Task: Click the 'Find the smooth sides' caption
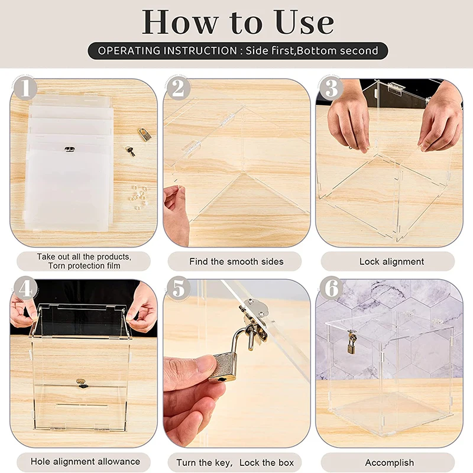click(237, 261)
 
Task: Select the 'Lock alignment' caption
click(391, 261)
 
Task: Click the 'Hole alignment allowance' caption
click(86, 462)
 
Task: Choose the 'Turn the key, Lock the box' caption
click(235, 462)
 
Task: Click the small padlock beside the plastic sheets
click(144, 134)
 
